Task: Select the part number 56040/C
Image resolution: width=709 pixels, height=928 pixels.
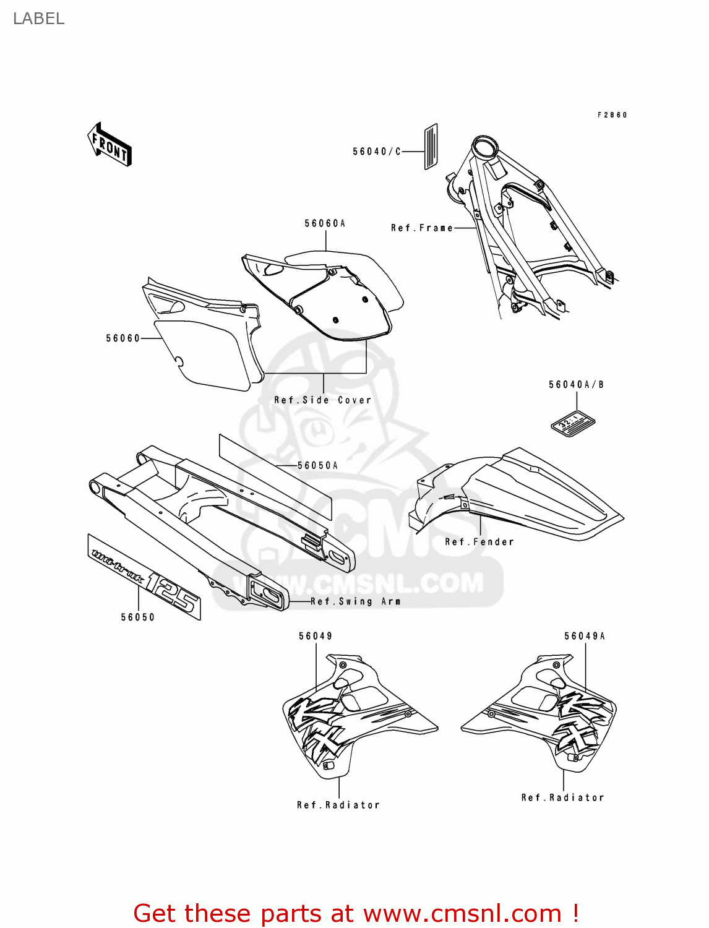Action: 377,152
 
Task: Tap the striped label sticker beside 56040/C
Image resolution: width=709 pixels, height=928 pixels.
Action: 431,147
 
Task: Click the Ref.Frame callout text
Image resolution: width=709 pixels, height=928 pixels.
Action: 421,228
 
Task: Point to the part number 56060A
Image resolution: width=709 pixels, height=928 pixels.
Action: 325,223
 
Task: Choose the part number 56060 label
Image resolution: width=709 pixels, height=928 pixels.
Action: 123,338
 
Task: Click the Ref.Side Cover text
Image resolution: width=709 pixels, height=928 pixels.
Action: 323,400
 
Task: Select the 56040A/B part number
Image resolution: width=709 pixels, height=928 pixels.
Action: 576,385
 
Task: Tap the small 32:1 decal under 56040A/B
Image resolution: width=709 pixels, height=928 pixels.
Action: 573,424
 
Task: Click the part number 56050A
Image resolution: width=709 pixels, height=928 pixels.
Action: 317,465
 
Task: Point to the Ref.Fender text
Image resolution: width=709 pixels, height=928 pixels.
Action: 479,542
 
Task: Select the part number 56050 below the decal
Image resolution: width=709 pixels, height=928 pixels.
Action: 137,617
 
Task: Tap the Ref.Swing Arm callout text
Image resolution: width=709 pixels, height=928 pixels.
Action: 355,601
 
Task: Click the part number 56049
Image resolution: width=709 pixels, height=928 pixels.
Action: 316,636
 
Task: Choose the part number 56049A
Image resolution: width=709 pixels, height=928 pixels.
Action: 585,636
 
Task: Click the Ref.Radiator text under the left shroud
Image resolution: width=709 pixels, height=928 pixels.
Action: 338,805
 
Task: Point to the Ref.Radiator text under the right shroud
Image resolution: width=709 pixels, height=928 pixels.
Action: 562,797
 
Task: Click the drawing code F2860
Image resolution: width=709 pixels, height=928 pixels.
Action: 612,115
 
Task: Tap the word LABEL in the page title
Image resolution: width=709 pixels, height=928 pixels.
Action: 38,19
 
